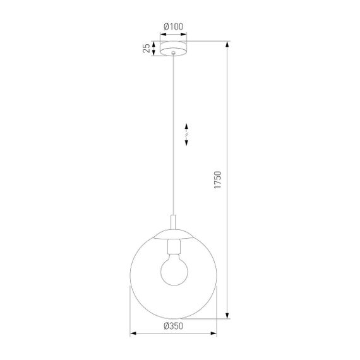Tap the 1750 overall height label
click(x=219, y=179)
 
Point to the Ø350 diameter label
click(x=173, y=327)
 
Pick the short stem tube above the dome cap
click(x=173, y=222)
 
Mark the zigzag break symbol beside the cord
click(x=187, y=134)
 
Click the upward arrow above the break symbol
click(x=187, y=126)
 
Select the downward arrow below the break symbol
click(x=187, y=143)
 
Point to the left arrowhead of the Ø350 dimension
click(x=133, y=333)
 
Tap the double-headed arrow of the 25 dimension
click(x=153, y=48)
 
